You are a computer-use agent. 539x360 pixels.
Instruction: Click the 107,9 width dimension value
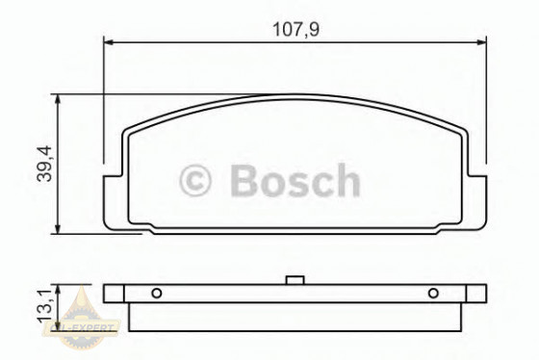pos(295,29)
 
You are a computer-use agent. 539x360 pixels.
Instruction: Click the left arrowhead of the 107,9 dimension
pos(109,42)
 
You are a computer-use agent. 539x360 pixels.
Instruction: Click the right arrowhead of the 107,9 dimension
pos(480,42)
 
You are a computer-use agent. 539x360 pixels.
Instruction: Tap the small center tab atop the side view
pos(295,281)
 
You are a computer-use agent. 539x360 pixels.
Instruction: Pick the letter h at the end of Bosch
pos(346,181)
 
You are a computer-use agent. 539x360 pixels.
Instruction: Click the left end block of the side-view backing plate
pos(115,294)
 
